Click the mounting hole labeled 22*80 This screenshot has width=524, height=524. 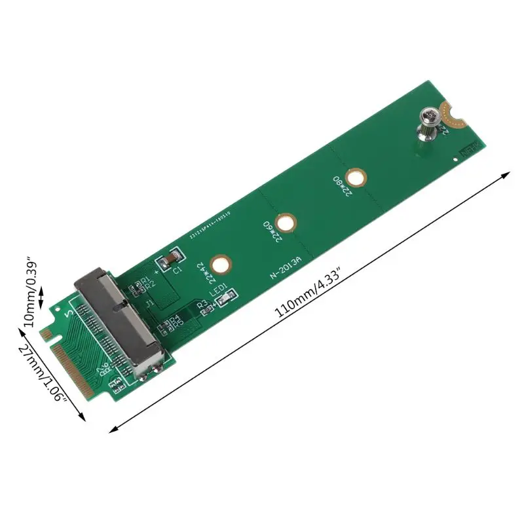356,177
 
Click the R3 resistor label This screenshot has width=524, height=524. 202,302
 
